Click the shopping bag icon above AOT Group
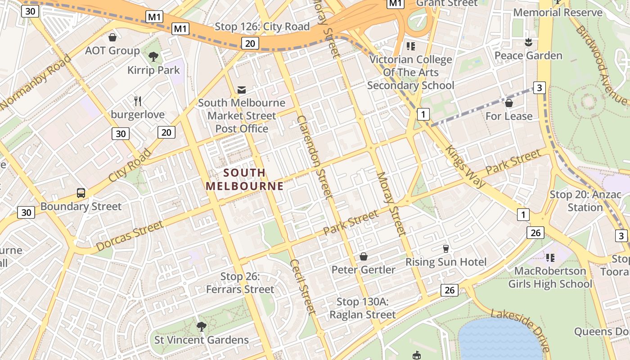click(112, 37)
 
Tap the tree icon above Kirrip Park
click(153, 57)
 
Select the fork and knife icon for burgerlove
click(138, 101)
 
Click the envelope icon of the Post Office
click(242, 90)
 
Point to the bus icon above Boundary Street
click(81, 193)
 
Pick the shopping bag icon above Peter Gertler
click(363, 256)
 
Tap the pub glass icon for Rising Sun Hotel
click(446, 249)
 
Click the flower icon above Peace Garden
click(528, 42)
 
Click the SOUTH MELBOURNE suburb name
click(245, 179)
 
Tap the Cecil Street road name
click(302, 286)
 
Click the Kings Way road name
click(465, 166)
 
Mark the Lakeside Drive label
click(521, 330)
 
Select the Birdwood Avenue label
click(601, 65)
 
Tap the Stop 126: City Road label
click(262, 27)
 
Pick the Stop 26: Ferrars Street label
click(240, 283)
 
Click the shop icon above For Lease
click(509, 103)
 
